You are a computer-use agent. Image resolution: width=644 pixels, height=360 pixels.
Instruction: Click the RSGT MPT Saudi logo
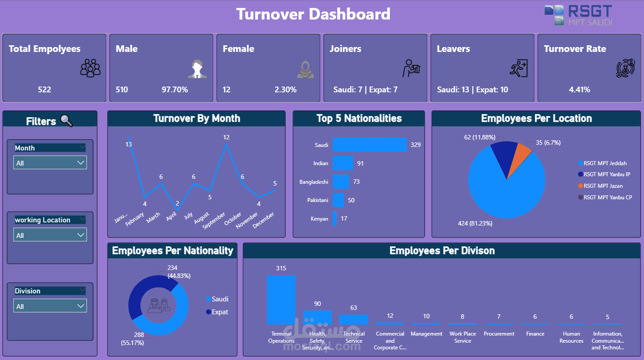pos(578,15)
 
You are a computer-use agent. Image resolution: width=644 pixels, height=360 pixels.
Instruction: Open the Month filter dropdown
pos(50,163)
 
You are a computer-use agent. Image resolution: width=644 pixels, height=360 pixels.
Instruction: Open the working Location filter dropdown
pos(50,235)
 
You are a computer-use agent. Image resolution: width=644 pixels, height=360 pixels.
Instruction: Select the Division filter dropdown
pos(50,306)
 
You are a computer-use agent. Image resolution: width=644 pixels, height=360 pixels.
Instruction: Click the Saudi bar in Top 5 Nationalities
pos(370,145)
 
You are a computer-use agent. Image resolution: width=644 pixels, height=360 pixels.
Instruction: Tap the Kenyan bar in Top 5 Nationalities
pos(335,218)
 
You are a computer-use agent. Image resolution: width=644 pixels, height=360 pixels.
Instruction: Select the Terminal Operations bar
pos(281,300)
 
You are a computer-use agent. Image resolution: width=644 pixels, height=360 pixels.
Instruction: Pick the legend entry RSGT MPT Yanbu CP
pos(607,197)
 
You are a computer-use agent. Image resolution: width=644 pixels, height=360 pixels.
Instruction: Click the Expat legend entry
pos(219,312)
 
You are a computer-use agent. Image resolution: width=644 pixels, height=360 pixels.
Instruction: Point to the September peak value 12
pos(226,138)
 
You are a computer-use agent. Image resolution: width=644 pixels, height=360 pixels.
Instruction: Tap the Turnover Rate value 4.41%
pos(580,90)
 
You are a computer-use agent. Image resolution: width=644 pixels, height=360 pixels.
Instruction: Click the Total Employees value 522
pos(44,90)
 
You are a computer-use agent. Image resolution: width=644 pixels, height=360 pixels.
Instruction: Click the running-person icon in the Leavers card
pos(518,68)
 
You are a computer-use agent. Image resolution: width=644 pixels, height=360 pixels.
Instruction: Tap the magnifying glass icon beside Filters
pos(67,120)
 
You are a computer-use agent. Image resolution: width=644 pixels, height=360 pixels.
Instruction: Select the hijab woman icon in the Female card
pos(305,69)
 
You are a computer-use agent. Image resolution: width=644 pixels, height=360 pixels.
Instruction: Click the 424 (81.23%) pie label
pos(475,223)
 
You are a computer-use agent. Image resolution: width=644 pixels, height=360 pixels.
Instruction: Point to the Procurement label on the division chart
pos(499,334)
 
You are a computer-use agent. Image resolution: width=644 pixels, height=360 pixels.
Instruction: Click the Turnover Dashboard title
pos(313,14)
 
